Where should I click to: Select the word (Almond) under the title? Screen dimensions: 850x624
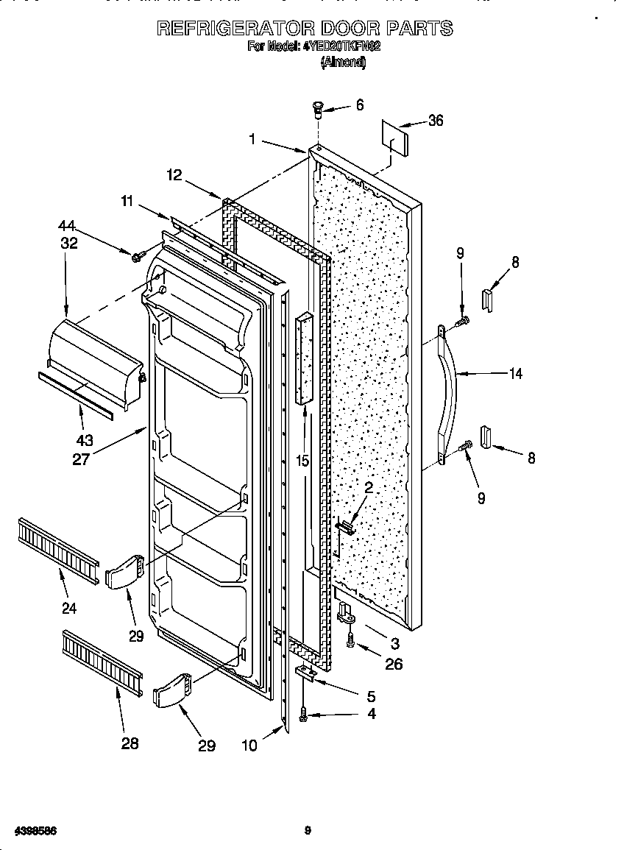pyautogui.click(x=343, y=63)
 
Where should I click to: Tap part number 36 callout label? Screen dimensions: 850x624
pyautogui.click(x=436, y=121)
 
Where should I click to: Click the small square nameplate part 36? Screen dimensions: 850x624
pyautogui.click(x=395, y=137)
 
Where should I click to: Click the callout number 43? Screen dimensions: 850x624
pyautogui.click(x=85, y=440)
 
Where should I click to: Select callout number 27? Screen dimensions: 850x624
pyautogui.click(x=81, y=459)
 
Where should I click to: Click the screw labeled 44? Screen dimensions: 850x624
pyautogui.click(x=137, y=256)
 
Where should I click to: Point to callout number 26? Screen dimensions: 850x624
pyautogui.click(x=394, y=664)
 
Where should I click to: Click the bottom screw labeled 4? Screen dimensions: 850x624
pyautogui.click(x=304, y=713)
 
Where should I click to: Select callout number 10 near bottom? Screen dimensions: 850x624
pyautogui.click(x=249, y=745)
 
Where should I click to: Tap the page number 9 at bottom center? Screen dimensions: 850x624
pyautogui.click(x=308, y=831)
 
